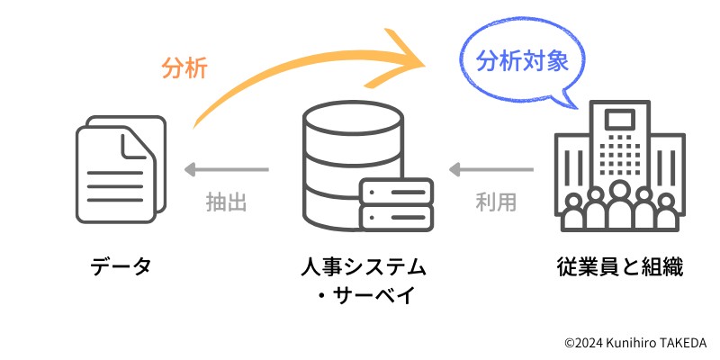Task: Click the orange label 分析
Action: click(x=184, y=67)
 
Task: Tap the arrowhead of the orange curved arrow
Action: click(x=410, y=61)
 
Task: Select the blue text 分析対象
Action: click(x=522, y=61)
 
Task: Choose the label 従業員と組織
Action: click(x=620, y=266)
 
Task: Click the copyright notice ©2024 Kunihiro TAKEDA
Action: click(x=635, y=343)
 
